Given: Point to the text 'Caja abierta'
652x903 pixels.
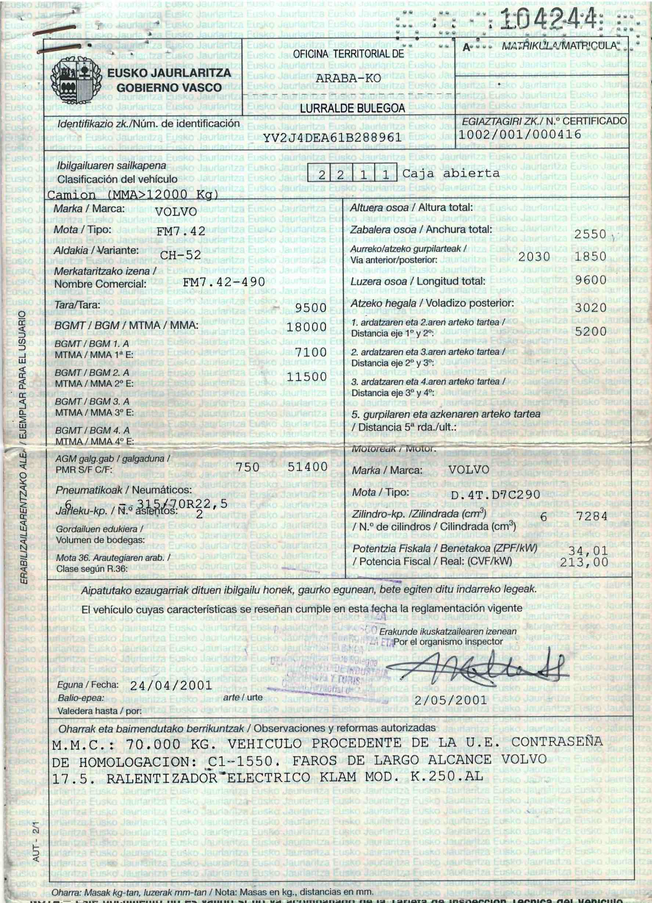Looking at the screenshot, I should (451, 174).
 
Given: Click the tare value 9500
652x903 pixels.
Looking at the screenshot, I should (311, 308).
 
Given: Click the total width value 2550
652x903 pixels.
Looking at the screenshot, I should (590, 234).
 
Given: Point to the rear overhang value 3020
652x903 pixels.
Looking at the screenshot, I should (590, 308).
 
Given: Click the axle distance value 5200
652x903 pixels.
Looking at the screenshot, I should (590, 331).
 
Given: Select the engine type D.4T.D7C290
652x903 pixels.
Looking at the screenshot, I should (496, 495).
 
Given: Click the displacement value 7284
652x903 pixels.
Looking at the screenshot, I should (592, 517).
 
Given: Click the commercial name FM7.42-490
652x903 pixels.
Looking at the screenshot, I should (224, 282).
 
